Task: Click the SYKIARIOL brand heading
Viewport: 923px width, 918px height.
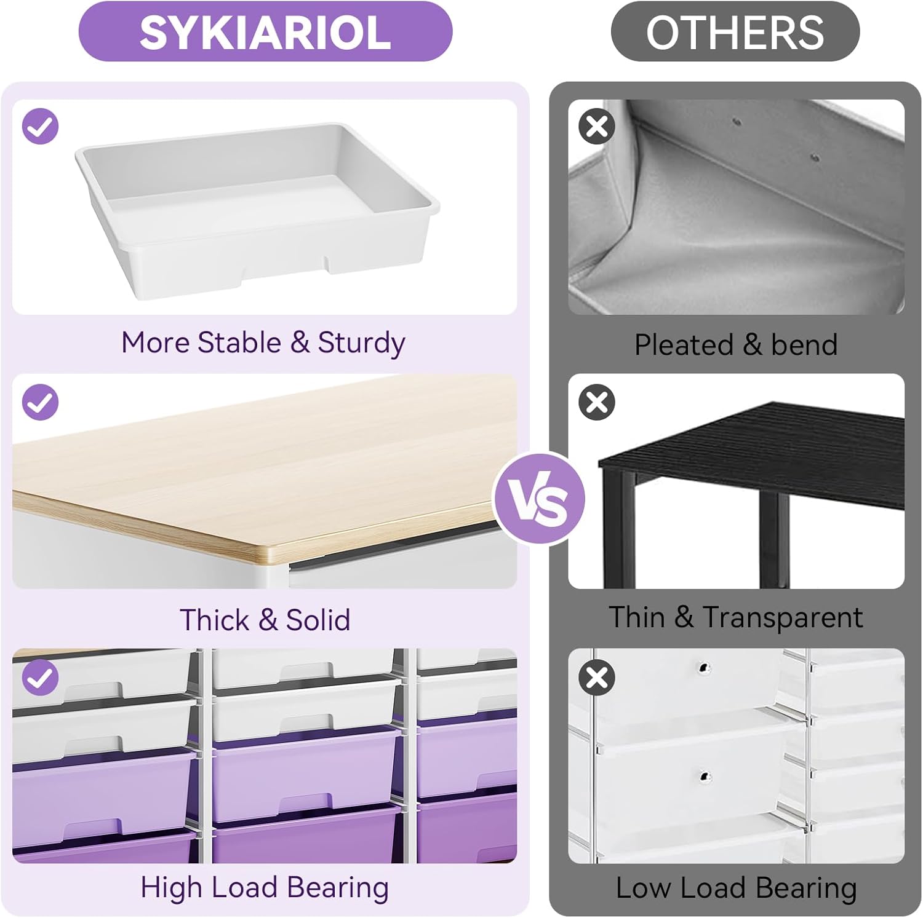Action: click(x=265, y=32)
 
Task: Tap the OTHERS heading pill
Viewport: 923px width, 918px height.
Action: click(x=735, y=31)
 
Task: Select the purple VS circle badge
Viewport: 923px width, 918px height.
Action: click(x=540, y=499)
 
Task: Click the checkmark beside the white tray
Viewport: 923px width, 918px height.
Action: click(x=40, y=127)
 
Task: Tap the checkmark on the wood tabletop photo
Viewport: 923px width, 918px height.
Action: click(x=40, y=402)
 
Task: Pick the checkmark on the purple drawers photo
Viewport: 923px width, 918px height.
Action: click(x=40, y=678)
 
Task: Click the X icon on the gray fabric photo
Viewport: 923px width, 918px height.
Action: click(x=597, y=127)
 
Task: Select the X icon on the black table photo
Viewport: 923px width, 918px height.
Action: click(x=597, y=402)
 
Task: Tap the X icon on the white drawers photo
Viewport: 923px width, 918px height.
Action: click(x=597, y=678)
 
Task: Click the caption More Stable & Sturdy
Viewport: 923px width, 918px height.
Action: click(x=263, y=343)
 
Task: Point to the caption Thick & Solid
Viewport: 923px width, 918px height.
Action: click(x=265, y=619)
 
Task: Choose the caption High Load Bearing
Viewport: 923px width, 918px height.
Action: click(x=265, y=888)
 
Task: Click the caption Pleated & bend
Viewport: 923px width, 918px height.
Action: click(x=736, y=344)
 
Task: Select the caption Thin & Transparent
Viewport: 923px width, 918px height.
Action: click(x=736, y=617)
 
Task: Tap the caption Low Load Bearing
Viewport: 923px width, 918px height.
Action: click(x=737, y=888)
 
